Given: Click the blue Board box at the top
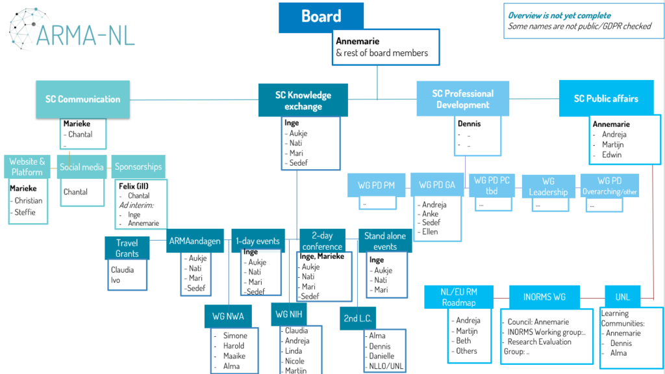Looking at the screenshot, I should pyautogui.click(x=321, y=17).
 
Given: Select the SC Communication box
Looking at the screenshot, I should pyautogui.click(x=82, y=100).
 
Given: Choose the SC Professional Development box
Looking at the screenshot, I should pyautogui.click(x=462, y=99).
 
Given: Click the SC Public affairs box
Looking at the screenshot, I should pyautogui.click(x=605, y=99).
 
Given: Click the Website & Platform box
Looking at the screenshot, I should pyautogui.click(x=27, y=167).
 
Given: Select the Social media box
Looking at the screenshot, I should pyautogui.click(x=82, y=167).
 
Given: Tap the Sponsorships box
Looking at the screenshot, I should pyautogui.click(x=138, y=167).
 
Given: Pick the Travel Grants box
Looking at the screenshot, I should pyautogui.click(x=127, y=248).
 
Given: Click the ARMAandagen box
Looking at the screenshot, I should pyautogui.click(x=194, y=241).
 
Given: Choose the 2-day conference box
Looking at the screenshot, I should pyautogui.click(x=322, y=241).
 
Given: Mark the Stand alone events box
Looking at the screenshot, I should pyautogui.click(x=385, y=241).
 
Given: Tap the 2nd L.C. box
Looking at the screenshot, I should pyautogui.click(x=358, y=317).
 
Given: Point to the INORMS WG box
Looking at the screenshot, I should pyautogui.click(x=544, y=297).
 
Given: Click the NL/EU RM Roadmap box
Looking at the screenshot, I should pyautogui.click(x=459, y=297).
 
